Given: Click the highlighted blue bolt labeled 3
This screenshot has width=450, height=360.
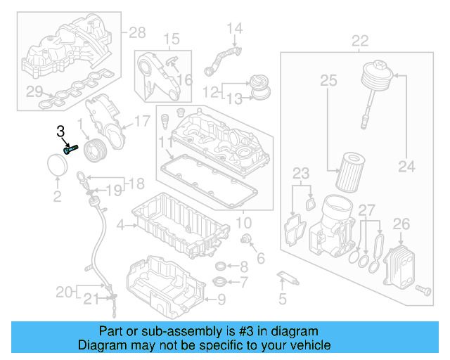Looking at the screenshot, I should (x=70, y=149).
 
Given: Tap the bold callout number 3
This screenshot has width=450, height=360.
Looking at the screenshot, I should (x=60, y=131).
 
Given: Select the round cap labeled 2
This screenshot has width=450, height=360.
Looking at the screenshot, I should (x=57, y=169).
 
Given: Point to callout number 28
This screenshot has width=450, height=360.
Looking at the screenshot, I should (x=136, y=32).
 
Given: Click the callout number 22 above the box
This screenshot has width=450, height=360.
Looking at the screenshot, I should (x=360, y=40).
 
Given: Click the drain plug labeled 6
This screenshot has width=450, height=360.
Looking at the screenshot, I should (x=247, y=242).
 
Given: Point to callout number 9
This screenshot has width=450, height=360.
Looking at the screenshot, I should (x=221, y=300).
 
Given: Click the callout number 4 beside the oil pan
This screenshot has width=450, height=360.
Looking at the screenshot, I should (x=120, y=225).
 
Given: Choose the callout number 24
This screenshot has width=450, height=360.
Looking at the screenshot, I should (x=406, y=167).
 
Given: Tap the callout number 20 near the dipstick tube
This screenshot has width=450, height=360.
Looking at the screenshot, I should (x=64, y=291).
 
